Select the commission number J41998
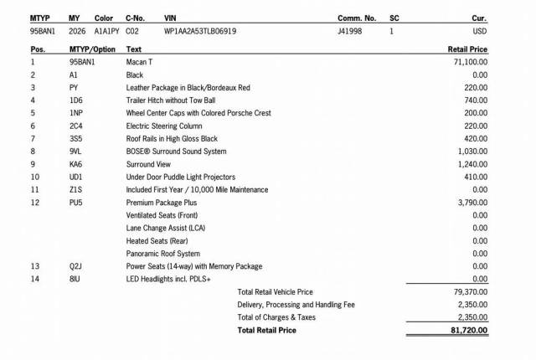click(350, 31)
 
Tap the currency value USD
click(480, 31)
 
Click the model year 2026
click(77, 31)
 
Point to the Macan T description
click(139, 62)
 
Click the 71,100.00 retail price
click(471, 62)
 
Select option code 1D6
click(75, 100)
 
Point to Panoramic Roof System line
click(162, 254)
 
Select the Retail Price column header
click(468, 49)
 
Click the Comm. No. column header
click(357, 18)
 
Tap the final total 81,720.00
click(470, 331)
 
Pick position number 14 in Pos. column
click(34, 279)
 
